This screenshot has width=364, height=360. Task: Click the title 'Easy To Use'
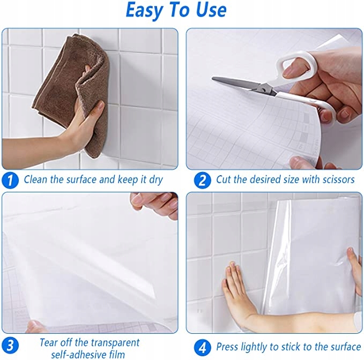click(x=176, y=10)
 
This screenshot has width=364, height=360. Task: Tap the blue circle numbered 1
click(x=10, y=180)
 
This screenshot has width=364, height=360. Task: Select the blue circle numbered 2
click(x=202, y=181)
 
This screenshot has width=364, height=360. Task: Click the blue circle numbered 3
click(x=10, y=346)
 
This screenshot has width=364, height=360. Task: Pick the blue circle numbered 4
click(x=203, y=348)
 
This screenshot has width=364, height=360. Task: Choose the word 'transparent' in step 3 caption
click(x=115, y=343)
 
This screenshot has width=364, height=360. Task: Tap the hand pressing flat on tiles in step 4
click(x=239, y=290)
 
